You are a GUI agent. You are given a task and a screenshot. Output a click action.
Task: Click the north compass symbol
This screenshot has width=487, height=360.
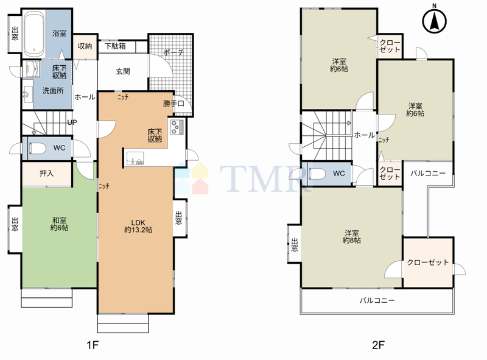[x=434, y=21]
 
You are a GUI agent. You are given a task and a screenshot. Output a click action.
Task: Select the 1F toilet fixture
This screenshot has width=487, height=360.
[x=37, y=148]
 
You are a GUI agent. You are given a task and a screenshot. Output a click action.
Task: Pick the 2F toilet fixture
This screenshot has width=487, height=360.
[x=317, y=174]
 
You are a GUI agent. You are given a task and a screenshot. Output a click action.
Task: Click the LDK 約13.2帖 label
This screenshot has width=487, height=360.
[x=138, y=227]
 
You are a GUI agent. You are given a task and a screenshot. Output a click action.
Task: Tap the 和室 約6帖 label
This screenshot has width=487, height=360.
[x=59, y=224]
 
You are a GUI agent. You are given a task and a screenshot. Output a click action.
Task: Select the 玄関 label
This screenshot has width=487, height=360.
[x=123, y=71]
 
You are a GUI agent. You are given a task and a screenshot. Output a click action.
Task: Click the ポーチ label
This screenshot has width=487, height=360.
[x=173, y=52]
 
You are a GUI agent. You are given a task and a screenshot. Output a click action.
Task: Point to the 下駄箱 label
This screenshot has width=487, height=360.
[x=115, y=46]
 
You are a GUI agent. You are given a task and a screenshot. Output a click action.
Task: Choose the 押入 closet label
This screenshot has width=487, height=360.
[x=47, y=173]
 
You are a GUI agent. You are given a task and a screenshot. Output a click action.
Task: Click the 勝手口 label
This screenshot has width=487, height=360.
[x=173, y=103]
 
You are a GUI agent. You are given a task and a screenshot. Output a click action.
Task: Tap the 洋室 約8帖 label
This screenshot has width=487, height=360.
[x=352, y=236]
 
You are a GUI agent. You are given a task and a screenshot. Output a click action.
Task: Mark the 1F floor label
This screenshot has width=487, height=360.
[x=93, y=345]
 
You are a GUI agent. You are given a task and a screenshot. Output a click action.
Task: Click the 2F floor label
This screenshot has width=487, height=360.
[x=379, y=345]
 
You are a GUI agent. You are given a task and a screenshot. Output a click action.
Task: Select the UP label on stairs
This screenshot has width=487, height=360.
[x=72, y=122]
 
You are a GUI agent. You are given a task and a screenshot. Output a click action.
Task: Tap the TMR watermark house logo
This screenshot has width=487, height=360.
[x=192, y=178]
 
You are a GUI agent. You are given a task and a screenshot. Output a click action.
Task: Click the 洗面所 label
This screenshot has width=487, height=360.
[x=53, y=91]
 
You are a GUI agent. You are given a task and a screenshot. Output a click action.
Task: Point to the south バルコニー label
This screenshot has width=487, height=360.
[x=377, y=300]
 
